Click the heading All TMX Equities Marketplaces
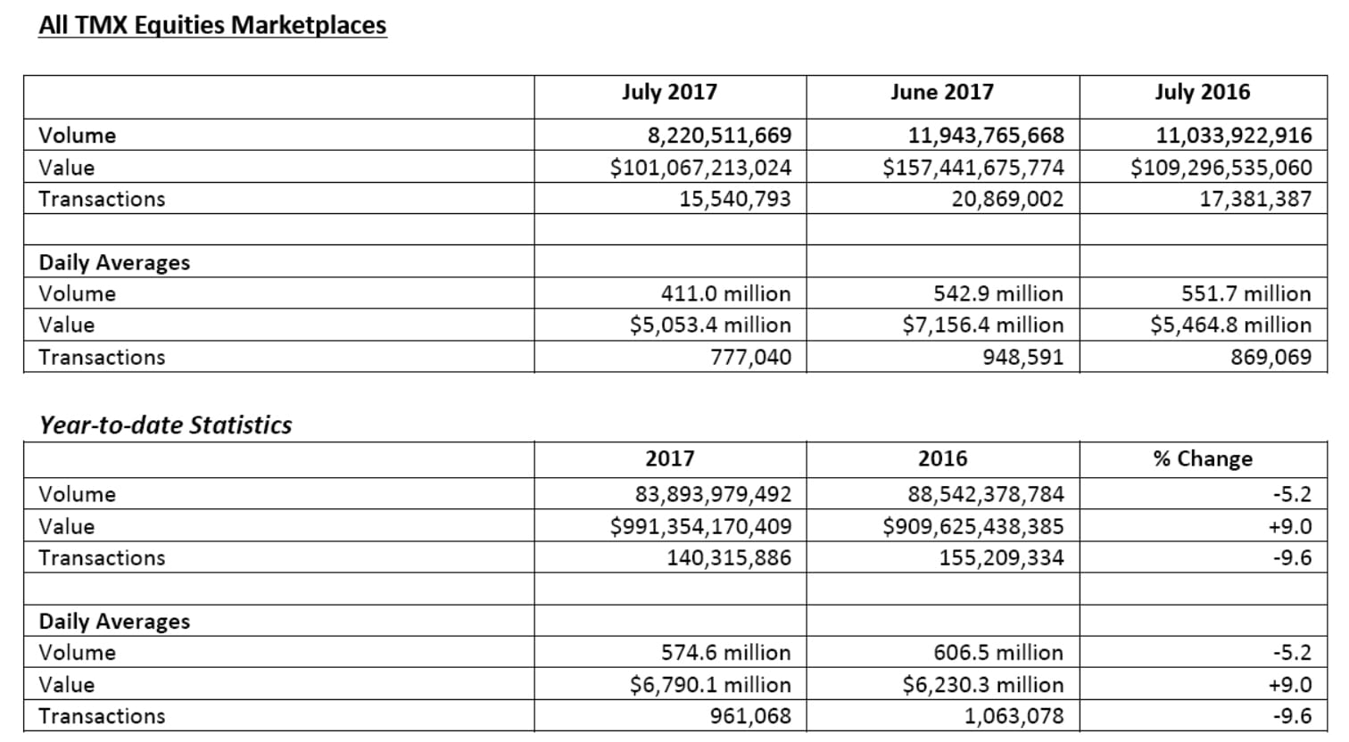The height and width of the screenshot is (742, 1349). (212, 25)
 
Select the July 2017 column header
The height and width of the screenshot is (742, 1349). (670, 92)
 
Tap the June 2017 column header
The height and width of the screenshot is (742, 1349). (942, 92)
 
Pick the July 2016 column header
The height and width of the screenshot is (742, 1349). (1203, 92)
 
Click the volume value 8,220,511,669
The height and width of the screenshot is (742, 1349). (720, 136)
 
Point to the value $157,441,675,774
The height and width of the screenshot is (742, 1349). (973, 168)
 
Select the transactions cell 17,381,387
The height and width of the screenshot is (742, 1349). (1255, 199)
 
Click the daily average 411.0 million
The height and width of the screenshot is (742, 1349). (725, 293)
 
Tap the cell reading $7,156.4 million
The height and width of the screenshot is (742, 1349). (983, 325)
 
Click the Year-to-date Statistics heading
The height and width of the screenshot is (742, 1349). (166, 425)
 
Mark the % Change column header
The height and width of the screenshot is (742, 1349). (1204, 459)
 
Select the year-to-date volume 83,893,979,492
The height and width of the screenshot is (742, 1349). (713, 495)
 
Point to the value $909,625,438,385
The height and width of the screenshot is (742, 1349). (973, 526)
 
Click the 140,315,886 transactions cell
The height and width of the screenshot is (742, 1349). (729, 558)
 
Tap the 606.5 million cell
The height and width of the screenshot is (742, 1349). (998, 653)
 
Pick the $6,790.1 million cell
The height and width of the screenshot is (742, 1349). (710, 685)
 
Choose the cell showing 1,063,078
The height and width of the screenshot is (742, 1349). (1014, 717)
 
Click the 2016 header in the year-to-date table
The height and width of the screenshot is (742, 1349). (942, 459)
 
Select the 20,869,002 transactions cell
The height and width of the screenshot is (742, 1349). (1007, 199)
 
